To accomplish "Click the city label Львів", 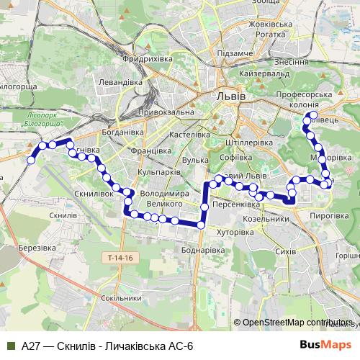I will pos(230,96).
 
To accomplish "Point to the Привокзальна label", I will pos(165,112).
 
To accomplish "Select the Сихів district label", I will pos(286,253).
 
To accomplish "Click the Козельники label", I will pos(266,218).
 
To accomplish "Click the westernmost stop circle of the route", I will pos(30,161).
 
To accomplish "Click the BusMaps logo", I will pos(325,346).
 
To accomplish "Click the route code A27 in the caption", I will pos(30,346).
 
